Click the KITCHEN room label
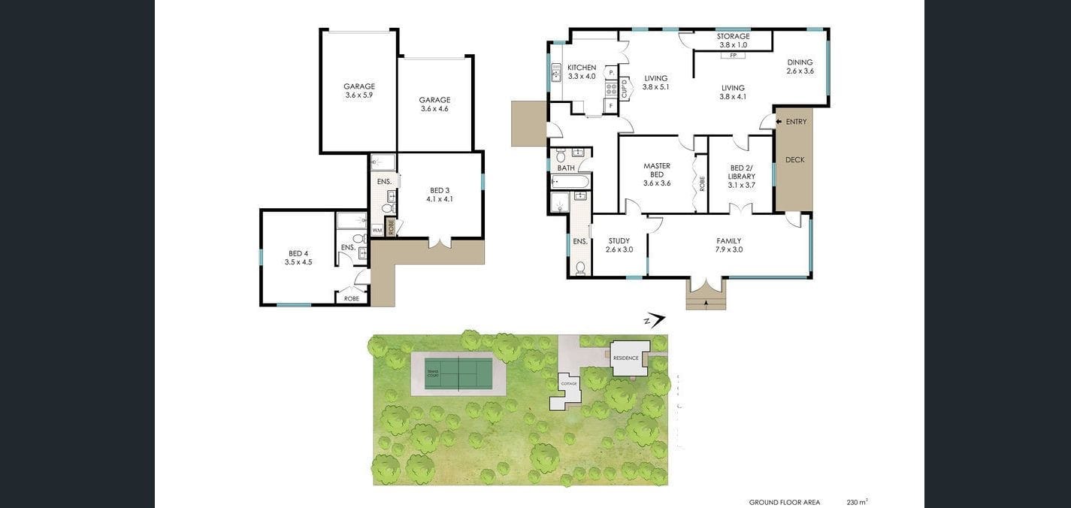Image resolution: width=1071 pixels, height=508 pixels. (x=581, y=68)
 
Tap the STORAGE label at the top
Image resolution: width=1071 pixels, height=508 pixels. (x=733, y=36)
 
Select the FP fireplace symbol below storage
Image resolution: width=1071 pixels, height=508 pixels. (x=733, y=55)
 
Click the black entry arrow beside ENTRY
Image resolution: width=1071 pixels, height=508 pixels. (x=778, y=122)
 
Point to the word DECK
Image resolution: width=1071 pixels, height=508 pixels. (x=794, y=159)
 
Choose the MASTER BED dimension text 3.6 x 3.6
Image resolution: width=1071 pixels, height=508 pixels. (x=656, y=183)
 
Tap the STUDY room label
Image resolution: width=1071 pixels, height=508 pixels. (x=619, y=241)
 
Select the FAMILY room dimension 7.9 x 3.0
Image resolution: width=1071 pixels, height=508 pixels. (x=729, y=249)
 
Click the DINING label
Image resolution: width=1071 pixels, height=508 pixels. (x=800, y=62)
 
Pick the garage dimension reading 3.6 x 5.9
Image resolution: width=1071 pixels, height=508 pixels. (x=359, y=95)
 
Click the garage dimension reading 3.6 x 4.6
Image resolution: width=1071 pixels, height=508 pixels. (x=434, y=109)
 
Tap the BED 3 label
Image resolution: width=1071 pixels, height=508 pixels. (x=440, y=190)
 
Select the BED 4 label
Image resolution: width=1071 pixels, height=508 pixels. (x=298, y=253)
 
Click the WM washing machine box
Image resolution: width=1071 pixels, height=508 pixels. (x=377, y=230)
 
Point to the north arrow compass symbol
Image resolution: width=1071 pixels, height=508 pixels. (x=655, y=321)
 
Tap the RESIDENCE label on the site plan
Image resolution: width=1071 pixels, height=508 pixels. (x=625, y=358)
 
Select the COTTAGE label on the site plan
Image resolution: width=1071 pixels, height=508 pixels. (x=569, y=384)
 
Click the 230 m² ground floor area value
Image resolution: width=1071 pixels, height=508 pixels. (x=857, y=502)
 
